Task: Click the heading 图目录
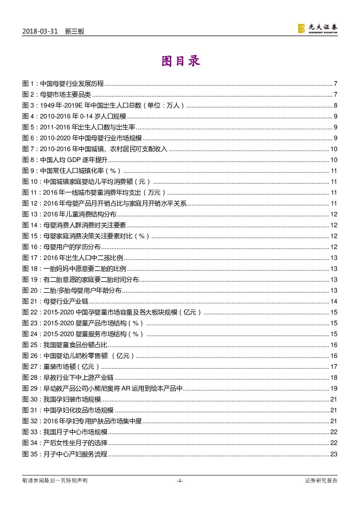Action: (180, 61)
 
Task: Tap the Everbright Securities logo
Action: (317, 28)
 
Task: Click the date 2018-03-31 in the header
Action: (40, 31)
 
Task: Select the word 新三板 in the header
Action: (74, 31)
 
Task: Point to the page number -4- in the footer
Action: (180, 481)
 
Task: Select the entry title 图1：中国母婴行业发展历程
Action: (63, 84)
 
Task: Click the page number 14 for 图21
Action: (334, 301)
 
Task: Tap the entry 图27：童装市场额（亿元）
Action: (61, 367)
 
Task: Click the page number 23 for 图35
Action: (334, 455)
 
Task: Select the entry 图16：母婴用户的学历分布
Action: (61, 247)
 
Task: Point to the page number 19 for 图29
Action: (334, 388)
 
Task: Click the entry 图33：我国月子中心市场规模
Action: (65, 432)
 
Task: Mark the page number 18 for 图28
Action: (334, 378)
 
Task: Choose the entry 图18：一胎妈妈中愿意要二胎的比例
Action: (74, 269)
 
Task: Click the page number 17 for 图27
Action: (334, 367)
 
